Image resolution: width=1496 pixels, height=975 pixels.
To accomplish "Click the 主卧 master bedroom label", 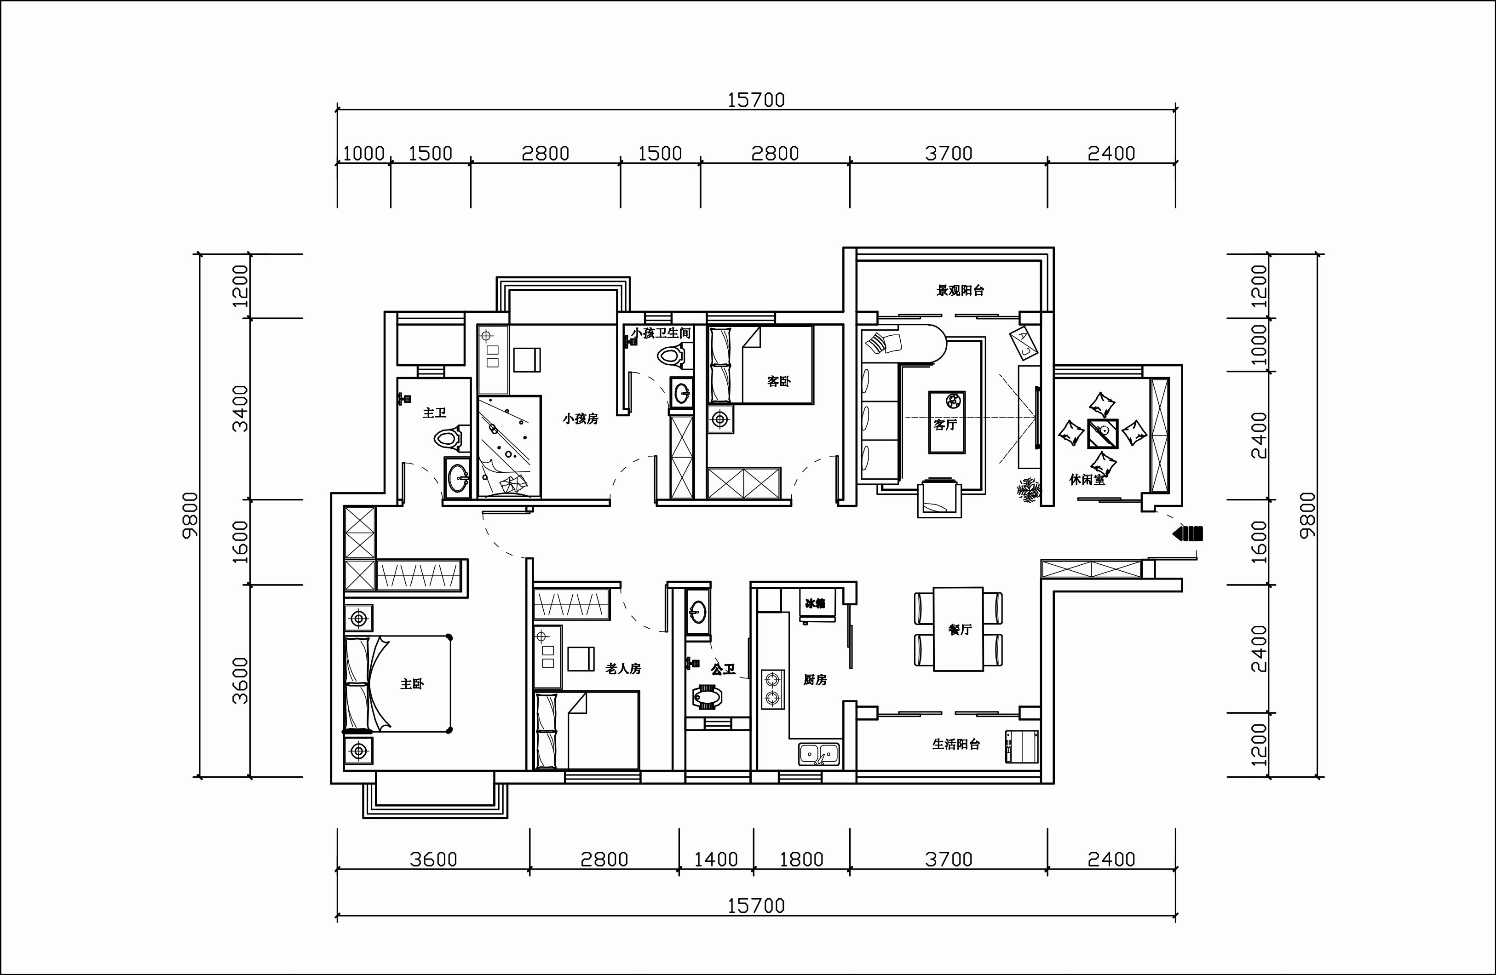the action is click(412, 684).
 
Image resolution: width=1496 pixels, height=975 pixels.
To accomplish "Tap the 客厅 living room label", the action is click(945, 425).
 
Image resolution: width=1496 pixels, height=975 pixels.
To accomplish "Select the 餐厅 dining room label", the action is click(960, 630).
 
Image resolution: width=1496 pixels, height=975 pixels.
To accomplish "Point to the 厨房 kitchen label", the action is click(815, 680).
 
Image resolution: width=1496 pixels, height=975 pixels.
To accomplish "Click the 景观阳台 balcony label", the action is click(961, 290).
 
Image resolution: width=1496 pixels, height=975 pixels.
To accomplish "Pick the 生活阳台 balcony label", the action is click(956, 745).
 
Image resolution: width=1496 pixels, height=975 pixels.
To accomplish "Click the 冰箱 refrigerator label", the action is click(815, 603).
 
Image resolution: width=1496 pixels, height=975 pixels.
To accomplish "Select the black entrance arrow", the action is click(1187, 533).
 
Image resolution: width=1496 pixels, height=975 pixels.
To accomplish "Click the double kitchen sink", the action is click(819, 753).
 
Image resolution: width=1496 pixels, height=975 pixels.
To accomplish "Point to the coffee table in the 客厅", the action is click(947, 422).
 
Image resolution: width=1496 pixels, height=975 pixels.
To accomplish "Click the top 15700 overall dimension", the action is click(756, 101).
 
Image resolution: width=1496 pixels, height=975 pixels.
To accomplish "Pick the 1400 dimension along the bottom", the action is click(716, 860).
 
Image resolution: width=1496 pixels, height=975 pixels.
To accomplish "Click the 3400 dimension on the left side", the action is click(240, 408).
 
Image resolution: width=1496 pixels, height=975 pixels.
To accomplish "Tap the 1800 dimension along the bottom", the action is click(801, 860).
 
